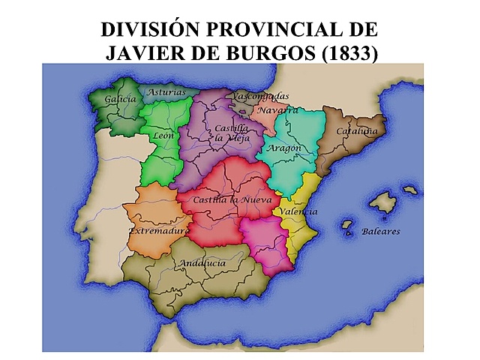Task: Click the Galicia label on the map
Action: tap(121, 99)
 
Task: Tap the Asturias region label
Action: tap(166, 92)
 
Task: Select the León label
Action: tap(163, 136)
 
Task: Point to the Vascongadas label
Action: tap(260, 97)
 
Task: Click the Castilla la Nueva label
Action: tap(232, 200)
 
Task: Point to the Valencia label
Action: tap(299, 212)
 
